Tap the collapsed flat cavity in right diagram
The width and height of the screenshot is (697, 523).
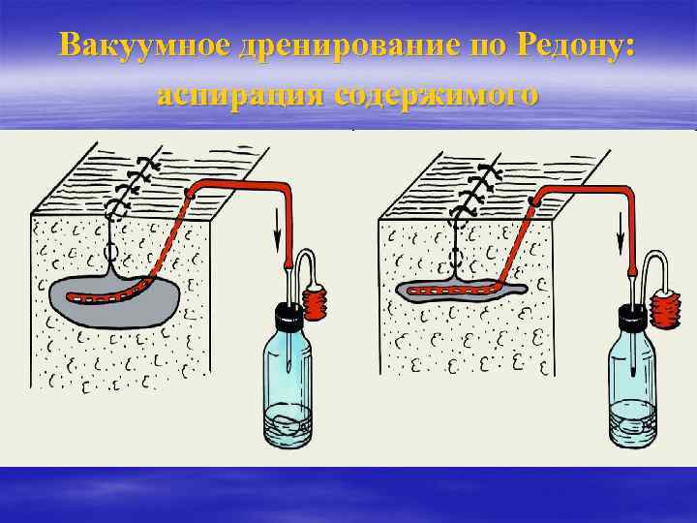tap(465, 290)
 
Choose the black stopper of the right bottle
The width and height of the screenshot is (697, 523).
tap(631, 316)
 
